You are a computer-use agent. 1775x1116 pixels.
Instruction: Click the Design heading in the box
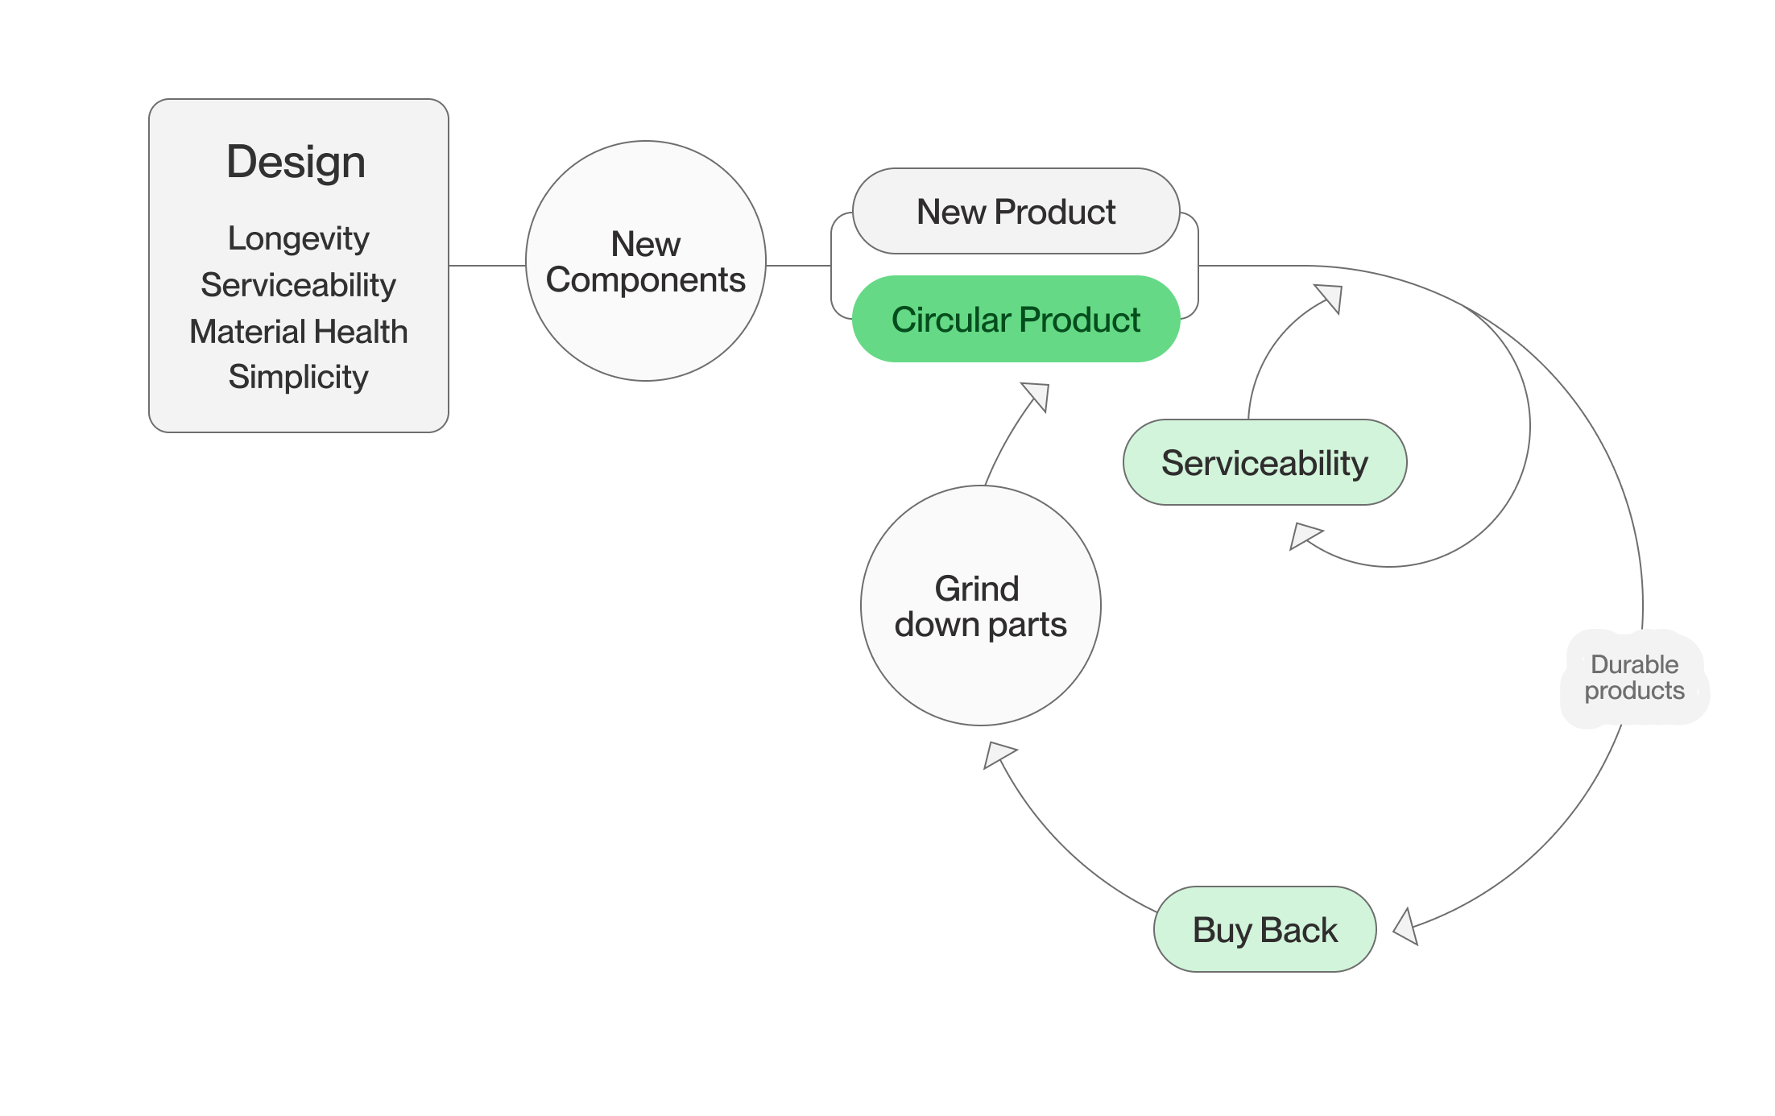[x=296, y=162]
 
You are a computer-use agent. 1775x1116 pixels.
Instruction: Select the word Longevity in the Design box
[x=298, y=238]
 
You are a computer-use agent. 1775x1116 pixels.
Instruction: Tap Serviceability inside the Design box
[x=298, y=285]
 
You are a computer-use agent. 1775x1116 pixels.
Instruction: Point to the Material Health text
[x=298, y=332]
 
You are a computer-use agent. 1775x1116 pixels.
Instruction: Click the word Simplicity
[x=298, y=377]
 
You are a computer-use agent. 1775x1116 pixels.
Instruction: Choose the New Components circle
[x=646, y=261]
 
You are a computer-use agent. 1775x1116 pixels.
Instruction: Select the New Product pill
[x=1016, y=212]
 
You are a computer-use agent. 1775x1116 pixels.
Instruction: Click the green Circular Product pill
[x=1016, y=320]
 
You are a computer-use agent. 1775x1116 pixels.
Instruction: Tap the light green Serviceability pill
[x=1264, y=463]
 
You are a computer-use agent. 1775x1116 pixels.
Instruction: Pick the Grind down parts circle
[x=980, y=606]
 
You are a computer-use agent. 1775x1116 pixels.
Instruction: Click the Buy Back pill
[x=1264, y=930]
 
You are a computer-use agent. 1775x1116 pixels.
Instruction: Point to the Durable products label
[x=1634, y=678]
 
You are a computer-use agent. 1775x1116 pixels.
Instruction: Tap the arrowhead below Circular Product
[x=1037, y=396]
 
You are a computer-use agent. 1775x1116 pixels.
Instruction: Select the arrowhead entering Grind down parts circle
[x=998, y=754]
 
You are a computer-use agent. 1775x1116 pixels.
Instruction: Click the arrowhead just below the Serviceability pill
[x=1304, y=536]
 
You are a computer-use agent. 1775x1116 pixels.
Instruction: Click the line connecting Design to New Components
[x=486, y=265]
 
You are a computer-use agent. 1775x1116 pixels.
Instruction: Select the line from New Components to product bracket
[x=797, y=265]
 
